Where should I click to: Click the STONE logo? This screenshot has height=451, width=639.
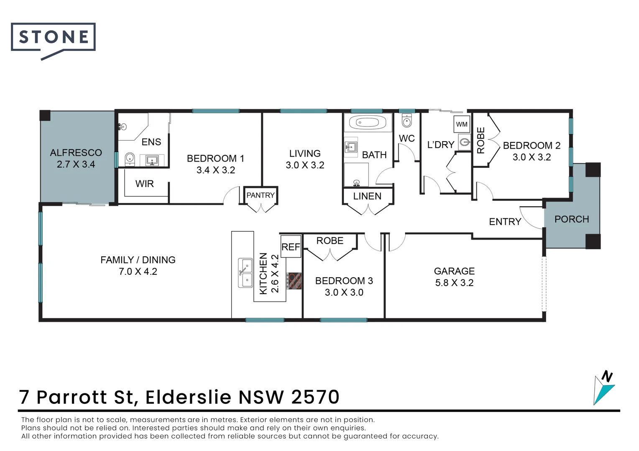[53, 38]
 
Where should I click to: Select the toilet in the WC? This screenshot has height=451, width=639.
[406, 121]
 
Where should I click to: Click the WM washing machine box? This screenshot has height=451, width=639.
[462, 124]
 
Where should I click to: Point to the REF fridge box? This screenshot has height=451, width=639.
[291, 247]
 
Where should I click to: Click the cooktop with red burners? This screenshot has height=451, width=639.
[294, 281]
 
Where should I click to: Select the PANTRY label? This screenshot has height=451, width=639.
[261, 195]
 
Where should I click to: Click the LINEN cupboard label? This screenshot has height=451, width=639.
[367, 196]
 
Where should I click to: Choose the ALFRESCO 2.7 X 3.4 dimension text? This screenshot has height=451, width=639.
[76, 165]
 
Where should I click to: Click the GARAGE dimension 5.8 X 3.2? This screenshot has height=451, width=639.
[454, 283]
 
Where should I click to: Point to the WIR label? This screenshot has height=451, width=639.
[144, 184]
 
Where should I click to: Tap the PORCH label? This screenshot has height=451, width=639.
[571, 219]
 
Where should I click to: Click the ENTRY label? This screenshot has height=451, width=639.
[505, 222]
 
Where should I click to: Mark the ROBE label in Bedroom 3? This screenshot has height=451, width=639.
[330, 241]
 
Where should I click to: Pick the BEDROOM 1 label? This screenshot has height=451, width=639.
[215, 159]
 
